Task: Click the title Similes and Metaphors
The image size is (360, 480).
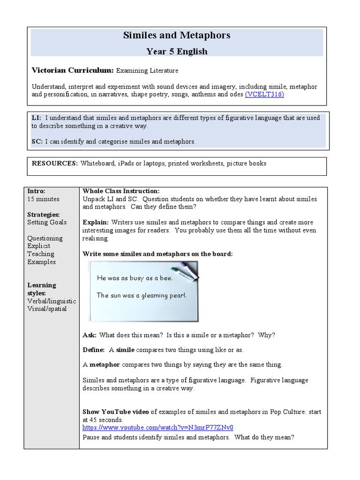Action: [177, 36]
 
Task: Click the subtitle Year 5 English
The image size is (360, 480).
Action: [177, 51]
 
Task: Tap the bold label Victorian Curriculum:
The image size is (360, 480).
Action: [72, 70]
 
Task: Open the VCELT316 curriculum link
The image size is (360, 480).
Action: [264, 94]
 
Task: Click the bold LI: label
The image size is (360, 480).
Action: [37, 118]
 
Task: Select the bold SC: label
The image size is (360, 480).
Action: [37, 141]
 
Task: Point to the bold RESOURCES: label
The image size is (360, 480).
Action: [54, 164]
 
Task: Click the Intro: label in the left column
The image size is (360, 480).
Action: [36, 191]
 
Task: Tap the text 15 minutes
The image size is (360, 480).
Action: [43, 199]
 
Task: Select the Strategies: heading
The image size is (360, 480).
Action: [42, 215]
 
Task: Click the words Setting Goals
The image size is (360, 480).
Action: [47, 222]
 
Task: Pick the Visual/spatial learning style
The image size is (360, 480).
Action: [47, 309]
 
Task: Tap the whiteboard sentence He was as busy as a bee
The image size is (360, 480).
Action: [135, 278]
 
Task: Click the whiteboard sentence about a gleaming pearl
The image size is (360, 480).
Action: [142, 295]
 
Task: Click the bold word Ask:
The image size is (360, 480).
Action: [90, 335]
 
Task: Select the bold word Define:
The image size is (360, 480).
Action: [93, 350]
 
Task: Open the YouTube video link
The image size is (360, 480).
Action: [157, 427]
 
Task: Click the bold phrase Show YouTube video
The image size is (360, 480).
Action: [116, 412]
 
